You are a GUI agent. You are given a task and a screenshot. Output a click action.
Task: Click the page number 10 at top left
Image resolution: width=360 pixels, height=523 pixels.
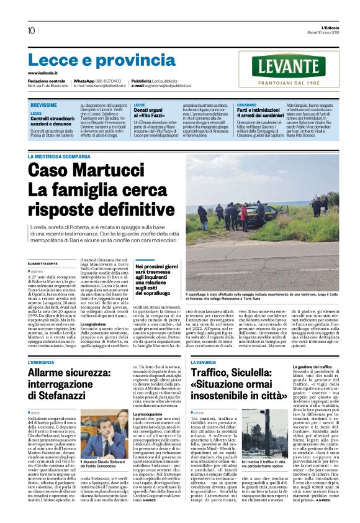[x=31, y=30]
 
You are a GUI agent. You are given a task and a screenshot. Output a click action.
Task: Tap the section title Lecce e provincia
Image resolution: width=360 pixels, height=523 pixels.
[x=93, y=60]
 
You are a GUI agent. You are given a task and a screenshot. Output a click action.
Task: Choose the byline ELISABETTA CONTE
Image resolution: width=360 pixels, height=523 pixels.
[x=45, y=263]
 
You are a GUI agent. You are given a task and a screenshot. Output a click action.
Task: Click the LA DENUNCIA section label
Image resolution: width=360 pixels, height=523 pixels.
[x=204, y=362]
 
